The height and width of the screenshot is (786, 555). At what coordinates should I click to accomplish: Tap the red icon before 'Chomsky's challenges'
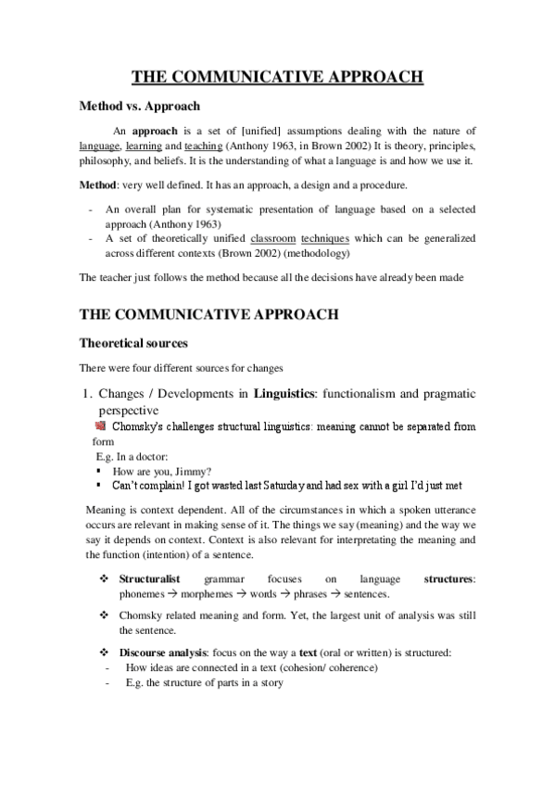101,426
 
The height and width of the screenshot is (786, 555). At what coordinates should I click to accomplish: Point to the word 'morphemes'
208,593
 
